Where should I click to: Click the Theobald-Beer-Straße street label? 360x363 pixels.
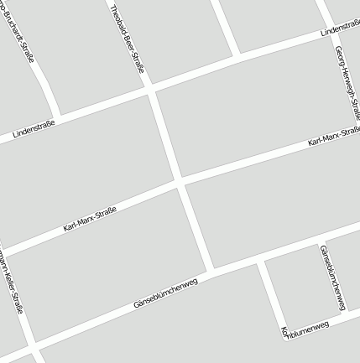click(127, 39)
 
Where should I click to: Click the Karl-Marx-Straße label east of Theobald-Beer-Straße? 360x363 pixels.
click(333, 136)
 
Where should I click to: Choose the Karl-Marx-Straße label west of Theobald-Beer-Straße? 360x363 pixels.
click(89, 219)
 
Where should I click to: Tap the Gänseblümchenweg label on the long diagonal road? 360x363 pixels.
click(165, 293)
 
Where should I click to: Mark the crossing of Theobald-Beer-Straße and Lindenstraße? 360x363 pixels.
click(151, 87)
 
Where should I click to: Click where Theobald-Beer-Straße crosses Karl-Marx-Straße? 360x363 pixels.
click(179, 181)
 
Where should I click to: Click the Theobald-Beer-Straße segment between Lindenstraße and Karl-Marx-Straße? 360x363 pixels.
click(165, 134)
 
